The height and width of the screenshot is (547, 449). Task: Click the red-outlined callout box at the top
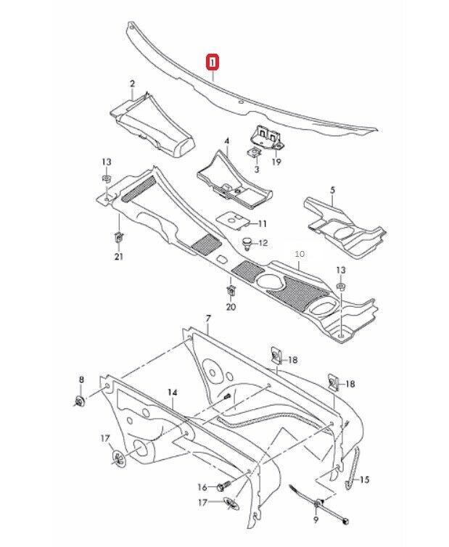point(212,62)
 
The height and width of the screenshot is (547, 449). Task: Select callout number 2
point(132,84)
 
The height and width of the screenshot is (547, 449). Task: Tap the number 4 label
point(226,140)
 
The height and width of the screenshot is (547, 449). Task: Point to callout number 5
point(332,190)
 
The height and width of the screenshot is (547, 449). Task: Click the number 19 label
point(276,162)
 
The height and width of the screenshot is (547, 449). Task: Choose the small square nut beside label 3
point(255,153)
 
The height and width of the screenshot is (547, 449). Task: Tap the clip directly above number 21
point(118,236)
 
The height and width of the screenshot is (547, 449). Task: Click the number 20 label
point(231,308)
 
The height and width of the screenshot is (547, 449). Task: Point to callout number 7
point(207,318)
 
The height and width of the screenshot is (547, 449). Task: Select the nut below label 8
point(80,400)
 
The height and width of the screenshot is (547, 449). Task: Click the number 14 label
point(172,392)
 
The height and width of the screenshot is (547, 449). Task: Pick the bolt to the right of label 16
point(223,487)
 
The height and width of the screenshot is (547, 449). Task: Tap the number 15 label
point(364,480)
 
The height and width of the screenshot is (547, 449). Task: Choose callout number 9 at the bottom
point(316,520)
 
